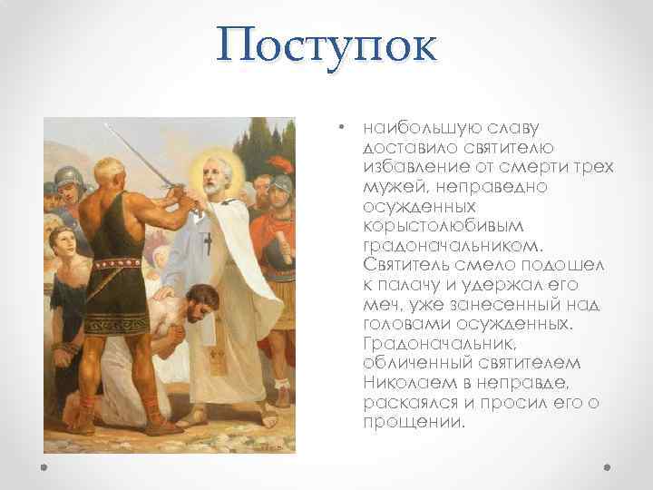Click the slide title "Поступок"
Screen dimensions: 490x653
click(x=326, y=46)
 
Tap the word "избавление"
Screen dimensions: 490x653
click(x=407, y=167)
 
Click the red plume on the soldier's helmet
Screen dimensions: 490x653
click(x=282, y=163)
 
